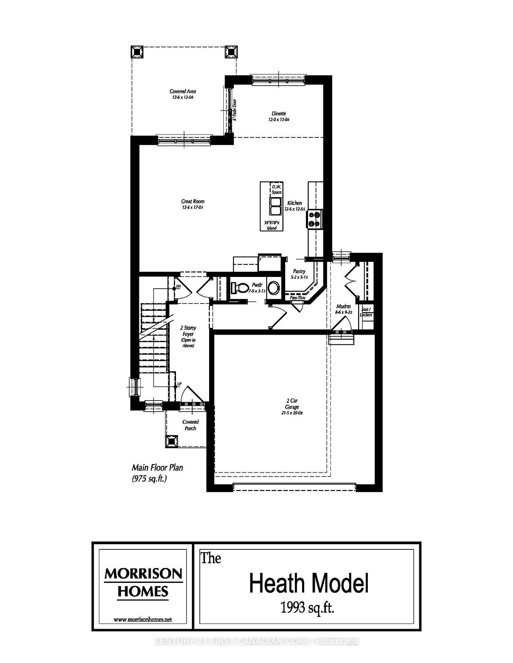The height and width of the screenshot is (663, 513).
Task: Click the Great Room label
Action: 193,201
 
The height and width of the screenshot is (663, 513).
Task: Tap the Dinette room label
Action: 279,114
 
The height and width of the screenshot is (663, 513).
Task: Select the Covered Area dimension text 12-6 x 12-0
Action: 183,97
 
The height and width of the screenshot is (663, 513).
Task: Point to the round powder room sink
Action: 274,288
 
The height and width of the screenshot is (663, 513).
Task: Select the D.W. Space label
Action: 277,190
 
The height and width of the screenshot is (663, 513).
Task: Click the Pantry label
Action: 299,271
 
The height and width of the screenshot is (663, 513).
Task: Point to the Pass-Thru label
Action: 297,297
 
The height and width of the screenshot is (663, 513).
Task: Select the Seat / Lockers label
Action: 366,312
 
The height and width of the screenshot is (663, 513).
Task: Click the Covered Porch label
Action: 190,425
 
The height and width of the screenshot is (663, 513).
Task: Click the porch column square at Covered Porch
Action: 172,441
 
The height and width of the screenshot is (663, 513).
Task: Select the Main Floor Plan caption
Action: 157,468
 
